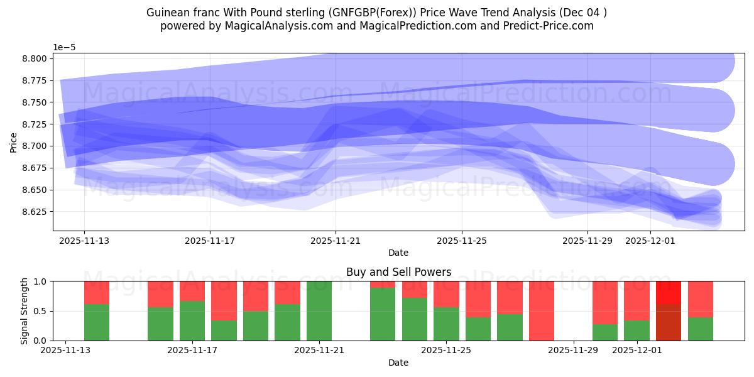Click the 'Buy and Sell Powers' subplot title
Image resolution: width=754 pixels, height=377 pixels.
click(398, 272)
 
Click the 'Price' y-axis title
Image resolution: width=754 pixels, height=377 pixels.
click(14, 142)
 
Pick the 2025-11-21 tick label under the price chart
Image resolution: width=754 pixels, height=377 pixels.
click(336, 240)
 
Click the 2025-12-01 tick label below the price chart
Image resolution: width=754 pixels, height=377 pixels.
click(650, 240)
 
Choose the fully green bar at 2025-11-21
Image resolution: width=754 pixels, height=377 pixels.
click(319, 311)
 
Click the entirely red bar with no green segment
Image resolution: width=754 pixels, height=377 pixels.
click(542, 311)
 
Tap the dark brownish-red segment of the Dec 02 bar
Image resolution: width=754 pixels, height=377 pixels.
click(669, 322)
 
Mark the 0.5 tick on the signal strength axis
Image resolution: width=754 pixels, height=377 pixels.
click(41, 311)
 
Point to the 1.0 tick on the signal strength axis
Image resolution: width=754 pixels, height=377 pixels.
click(41, 281)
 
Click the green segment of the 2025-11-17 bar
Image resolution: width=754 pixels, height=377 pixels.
click(192, 320)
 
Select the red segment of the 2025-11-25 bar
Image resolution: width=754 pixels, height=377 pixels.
click(446, 294)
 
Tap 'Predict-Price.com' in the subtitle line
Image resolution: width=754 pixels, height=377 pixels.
click(551, 26)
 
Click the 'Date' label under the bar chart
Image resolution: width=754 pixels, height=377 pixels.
click(398, 363)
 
